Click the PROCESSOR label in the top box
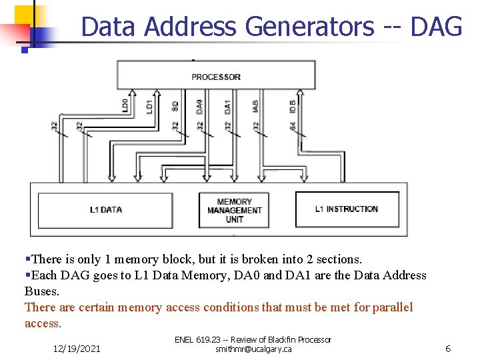coord(215,77)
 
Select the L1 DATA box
coord(106,210)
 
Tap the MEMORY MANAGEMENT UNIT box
coord(234,211)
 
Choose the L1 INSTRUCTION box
coord(346,209)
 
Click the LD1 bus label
coord(150,105)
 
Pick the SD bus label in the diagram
coord(175,106)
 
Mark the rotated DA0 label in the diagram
coord(199,105)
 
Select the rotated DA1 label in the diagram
coord(227,105)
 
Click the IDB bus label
coord(293,105)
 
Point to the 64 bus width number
coord(293,125)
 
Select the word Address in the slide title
coord(190,27)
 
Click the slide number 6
coord(448,348)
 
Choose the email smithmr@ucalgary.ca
coord(253,349)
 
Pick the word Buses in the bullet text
coord(41,291)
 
